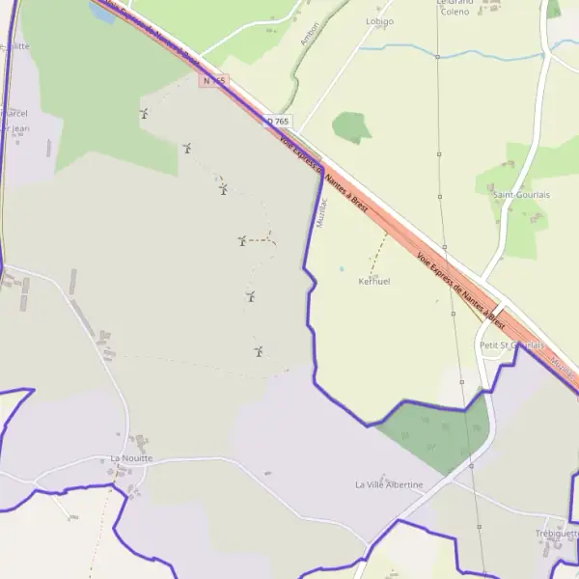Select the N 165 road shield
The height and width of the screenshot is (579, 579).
[x=213, y=80]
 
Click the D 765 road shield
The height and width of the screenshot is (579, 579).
[x=278, y=121]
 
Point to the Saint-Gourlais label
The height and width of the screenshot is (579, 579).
[x=521, y=194]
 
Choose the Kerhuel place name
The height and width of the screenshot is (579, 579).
[x=373, y=281]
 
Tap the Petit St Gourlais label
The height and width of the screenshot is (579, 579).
[x=511, y=345]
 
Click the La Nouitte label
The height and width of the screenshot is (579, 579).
[x=131, y=458]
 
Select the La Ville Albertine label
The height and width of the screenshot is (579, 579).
[x=389, y=483]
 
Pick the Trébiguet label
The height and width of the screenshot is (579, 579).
[x=557, y=533]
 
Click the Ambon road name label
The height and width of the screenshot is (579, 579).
[x=310, y=32]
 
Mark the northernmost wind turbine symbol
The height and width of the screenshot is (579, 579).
[x=144, y=114]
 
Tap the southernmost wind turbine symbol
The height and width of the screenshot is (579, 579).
[x=259, y=351]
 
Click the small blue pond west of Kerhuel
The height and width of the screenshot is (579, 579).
[x=341, y=268]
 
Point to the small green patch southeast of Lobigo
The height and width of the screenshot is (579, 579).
[x=351, y=126]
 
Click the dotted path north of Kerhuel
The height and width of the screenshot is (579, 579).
[x=378, y=251]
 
